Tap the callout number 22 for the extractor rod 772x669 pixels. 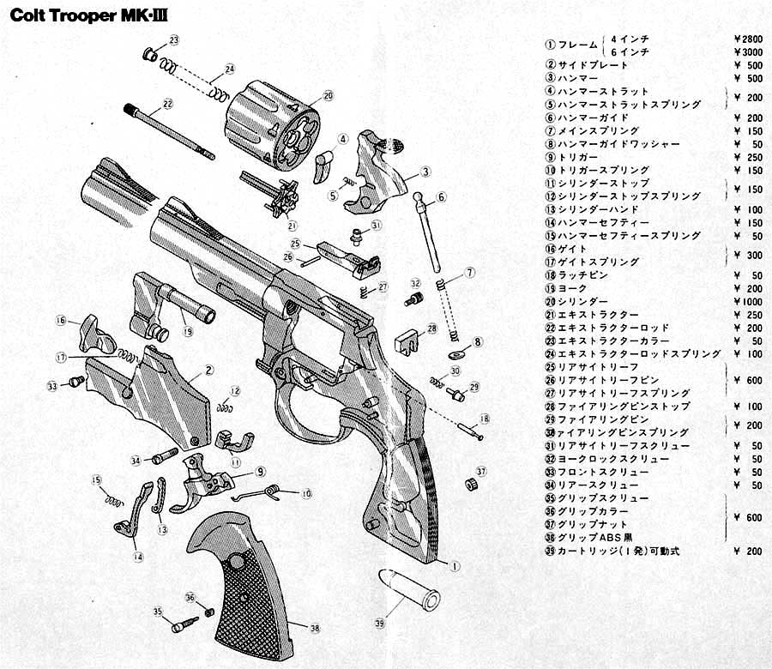click(168, 104)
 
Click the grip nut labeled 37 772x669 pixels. click(470, 485)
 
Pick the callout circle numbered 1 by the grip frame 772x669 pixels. click(455, 566)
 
